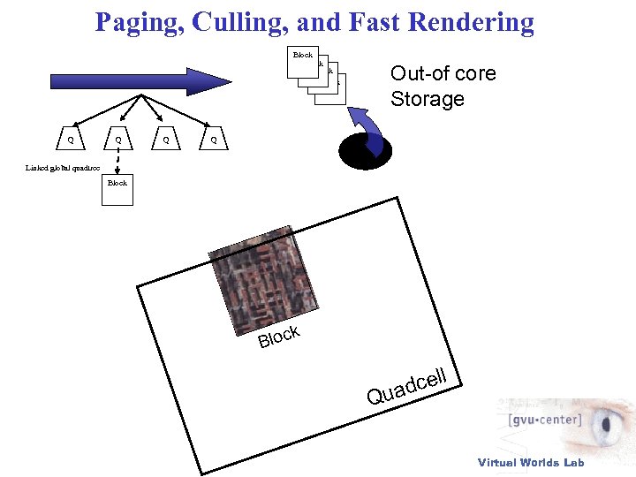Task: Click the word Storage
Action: pos(428,99)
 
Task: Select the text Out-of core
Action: pos(443,73)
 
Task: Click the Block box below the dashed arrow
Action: pos(117,191)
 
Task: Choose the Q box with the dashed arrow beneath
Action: pos(117,140)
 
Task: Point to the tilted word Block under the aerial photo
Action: pos(280,337)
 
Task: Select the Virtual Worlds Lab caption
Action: pos(531,462)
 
